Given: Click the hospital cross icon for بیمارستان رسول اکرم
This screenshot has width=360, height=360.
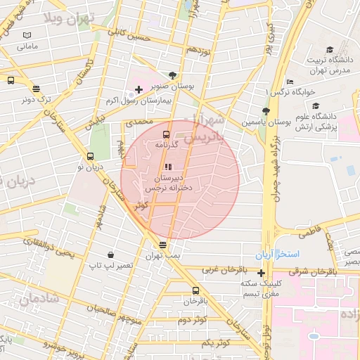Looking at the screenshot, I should coord(139,90).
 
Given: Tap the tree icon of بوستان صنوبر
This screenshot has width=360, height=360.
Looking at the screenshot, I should coord(173,75).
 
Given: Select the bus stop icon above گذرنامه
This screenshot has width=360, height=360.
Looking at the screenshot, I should coord(167,134).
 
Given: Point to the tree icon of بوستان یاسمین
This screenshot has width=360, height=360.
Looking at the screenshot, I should coord(265,111).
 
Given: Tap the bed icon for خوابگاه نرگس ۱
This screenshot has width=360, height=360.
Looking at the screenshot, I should coord(290,82).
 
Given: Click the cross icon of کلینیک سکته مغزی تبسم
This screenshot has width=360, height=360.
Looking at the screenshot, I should coord(261,274).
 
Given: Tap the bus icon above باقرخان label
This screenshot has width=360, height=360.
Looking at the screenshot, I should coord(195,290).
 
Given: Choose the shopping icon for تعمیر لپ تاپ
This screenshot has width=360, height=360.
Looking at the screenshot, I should coord(110,255).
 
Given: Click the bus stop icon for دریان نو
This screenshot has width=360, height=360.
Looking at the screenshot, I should coord(90,157).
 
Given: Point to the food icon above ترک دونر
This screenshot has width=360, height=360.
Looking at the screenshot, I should coord(36,89).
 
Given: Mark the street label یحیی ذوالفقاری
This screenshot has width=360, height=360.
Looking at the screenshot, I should coord(50,247).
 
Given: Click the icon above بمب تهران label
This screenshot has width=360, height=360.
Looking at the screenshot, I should coord(163,245).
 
